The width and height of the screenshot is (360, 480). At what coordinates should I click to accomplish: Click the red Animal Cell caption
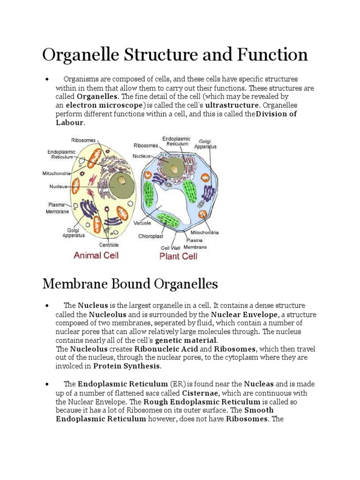pos(96,255)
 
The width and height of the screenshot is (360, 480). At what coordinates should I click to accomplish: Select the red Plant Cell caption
pos(179,256)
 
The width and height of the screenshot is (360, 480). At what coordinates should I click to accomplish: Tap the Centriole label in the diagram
pos(109,245)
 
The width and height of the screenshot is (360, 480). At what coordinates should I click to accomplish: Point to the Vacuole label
pos(142,223)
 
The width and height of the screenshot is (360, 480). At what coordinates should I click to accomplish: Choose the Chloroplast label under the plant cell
pos(150,236)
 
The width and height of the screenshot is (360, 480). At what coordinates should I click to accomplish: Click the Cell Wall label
pos(170,248)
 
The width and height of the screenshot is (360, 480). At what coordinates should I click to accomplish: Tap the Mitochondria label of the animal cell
pos(57,173)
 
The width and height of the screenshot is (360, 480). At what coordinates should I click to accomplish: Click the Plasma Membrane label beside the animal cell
pos(57,208)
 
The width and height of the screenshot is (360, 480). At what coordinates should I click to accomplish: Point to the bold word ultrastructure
pos(232,105)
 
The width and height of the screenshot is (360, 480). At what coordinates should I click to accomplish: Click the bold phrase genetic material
pos(186,340)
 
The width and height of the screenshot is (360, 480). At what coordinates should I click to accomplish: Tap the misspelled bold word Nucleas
pos(261,384)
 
